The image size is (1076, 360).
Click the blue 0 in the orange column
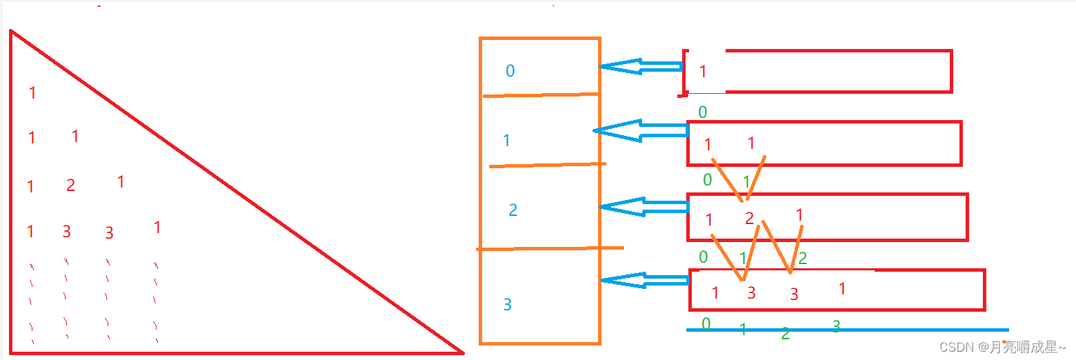click(510, 70)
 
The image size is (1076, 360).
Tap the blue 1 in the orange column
click(507, 141)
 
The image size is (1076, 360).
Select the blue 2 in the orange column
click(512, 210)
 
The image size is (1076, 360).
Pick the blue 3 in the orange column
click(508, 304)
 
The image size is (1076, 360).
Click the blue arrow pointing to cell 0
click(640, 67)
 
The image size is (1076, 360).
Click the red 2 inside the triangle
click(70, 186)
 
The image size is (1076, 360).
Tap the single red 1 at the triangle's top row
click(32, 92)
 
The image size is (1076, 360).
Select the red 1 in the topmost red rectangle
click(703, 72)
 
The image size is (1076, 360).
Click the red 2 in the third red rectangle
click(749, 219)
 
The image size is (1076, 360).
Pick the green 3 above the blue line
click(836, 327)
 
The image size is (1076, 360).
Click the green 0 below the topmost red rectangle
click(702, 112)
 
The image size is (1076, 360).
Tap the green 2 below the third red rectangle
click(802, 259)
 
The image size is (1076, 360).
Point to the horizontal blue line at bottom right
click(897, 330)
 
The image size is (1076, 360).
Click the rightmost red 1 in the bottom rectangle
click(842, 289)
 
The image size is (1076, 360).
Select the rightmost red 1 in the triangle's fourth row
click(157, 228)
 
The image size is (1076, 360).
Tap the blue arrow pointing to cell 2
click(644, 206)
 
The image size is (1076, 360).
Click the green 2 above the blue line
click(785, 334)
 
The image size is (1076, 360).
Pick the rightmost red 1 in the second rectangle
click(751, 143)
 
